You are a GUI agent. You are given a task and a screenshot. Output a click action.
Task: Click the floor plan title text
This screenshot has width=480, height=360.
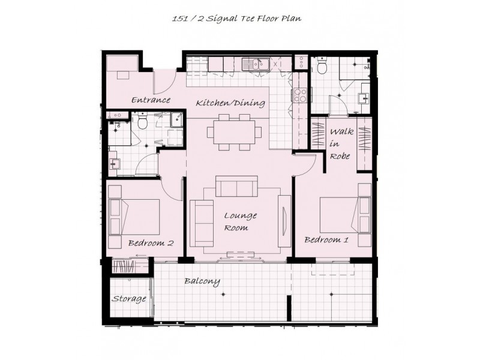[x=236, y=19]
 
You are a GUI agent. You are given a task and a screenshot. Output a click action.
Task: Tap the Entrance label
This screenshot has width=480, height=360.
[x=151, y=100]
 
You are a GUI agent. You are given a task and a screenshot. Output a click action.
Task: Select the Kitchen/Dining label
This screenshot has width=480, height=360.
[x=230, y=103]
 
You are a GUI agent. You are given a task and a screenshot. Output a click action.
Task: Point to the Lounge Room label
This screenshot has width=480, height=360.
[x=241, y=221]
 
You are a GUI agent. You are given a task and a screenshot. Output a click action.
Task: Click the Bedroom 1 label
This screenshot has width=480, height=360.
[x=326, y=239]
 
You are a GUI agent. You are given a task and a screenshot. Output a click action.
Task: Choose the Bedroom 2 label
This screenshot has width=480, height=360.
[x=151, y=243]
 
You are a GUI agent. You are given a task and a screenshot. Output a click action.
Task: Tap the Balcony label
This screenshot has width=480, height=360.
[x=202, y=281]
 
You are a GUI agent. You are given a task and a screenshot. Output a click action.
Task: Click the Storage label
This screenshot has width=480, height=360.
[x=128, y=299]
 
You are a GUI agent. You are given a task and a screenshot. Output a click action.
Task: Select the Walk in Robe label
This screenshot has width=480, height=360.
[x=341, y=144]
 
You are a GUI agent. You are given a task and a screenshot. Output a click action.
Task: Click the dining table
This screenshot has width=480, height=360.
[x=235, y=132]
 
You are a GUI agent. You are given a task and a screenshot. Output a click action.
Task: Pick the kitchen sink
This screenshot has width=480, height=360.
[x=256, y=64]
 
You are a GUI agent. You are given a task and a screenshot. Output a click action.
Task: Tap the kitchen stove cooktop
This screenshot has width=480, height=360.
[x=300, y=95]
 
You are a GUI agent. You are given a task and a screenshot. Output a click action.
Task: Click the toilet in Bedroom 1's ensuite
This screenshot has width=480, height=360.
[x=322, y=65]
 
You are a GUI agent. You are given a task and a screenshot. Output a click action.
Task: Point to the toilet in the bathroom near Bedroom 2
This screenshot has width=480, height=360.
[x=142, y=121]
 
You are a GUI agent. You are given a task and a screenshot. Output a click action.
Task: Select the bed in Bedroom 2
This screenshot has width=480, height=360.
[x=134, y=217]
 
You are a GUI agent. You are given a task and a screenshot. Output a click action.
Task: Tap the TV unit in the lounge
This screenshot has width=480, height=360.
[x=284, y=221]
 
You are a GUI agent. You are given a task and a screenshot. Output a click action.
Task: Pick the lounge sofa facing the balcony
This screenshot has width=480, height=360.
[x=236, y=186]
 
